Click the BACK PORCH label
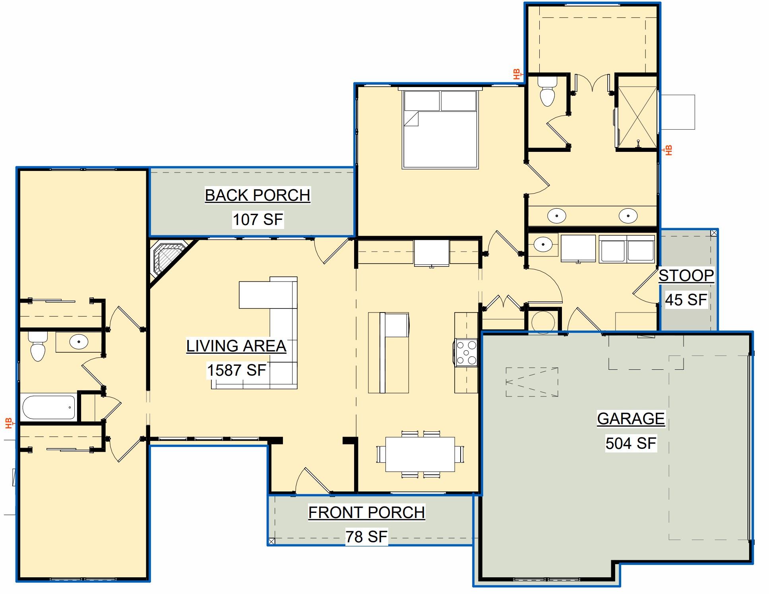click(257, 195)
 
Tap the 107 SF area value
click(258, 219)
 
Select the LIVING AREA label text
click(236, 346)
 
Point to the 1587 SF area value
click(236, 370)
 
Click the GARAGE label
click(631, 419)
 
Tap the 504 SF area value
click(631, 443)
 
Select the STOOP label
click(686, 276)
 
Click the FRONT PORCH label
click(366, 512)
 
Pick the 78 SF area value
click(366, 537)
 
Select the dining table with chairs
click(420, 454)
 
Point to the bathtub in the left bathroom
click(48, 407)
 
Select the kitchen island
click(388, 353)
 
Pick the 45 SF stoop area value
click(686, 300)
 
